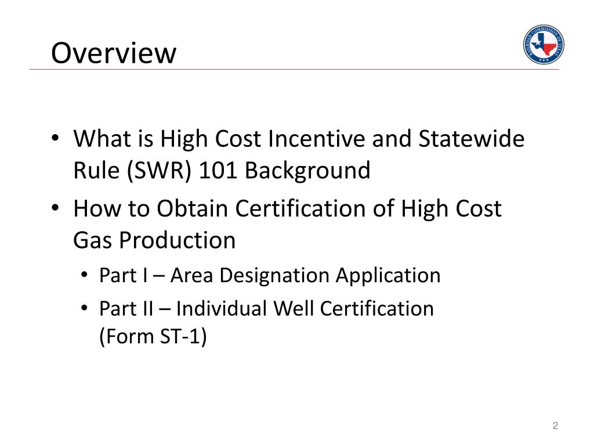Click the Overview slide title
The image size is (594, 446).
click(x=113, y=53)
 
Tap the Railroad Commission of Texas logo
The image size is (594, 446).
click(x=543, y=45)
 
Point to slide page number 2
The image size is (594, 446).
click(x=555, y=426)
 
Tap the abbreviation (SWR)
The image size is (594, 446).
click(x=156, y=171)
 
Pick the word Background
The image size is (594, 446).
click(x=307, y=171)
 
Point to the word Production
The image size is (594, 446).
click(x=178, y=240)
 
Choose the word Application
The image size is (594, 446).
click(x=388, y=275)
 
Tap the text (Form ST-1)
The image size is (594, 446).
click(x=153, y=337)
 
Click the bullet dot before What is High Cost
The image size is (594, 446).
click(x=54, y=140)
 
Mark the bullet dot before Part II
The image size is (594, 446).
click(x=85, y=309)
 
